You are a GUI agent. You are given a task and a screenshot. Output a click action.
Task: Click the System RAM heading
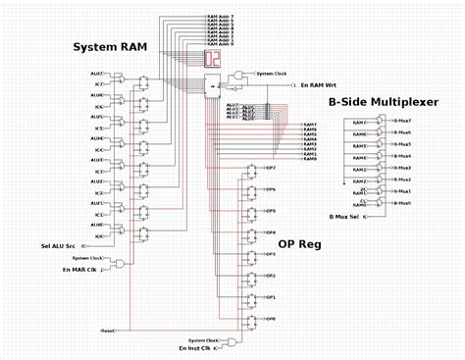click(x=110, y=46)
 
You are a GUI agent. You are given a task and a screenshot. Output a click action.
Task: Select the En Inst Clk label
click(x=195, y=347)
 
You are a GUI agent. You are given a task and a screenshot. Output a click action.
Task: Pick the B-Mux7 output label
click(x=402, y=120)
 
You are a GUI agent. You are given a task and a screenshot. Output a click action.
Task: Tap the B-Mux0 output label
click(x=402, y=203)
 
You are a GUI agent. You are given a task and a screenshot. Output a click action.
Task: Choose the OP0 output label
click(x=271, y=319)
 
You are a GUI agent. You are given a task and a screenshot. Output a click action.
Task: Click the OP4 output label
click(x=271, y=232)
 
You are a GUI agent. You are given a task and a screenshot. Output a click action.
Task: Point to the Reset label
click(x=107, y=331)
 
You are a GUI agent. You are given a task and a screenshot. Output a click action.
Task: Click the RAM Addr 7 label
click(x=220, y=17)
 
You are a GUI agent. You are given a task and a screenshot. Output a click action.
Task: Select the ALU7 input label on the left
click(x=97, y=74)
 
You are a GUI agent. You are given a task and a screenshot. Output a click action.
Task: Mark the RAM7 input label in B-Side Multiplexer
click(x=359, y=122)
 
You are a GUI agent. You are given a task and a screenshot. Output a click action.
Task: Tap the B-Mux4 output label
click(x=402, y=155)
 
